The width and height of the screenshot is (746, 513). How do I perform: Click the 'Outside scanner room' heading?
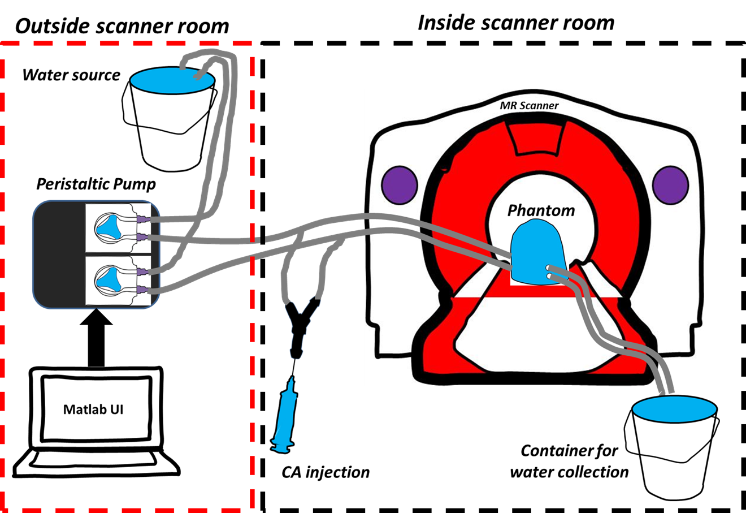122,26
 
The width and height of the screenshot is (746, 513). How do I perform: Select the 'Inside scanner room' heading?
515,23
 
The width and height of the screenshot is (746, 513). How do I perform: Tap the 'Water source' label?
71,75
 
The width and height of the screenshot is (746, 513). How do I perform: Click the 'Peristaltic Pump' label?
96,184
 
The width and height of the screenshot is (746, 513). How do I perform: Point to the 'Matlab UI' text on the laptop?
93,409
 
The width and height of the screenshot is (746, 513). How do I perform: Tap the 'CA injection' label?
326,472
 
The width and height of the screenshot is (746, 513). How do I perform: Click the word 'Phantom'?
541,210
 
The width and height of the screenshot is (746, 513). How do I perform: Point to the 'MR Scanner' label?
529,106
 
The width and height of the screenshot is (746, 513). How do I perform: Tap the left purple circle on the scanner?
400,185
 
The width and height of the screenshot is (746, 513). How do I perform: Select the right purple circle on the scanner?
670,185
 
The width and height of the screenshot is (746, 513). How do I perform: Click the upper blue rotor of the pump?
111,225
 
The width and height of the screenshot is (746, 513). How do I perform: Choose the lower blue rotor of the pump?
111,277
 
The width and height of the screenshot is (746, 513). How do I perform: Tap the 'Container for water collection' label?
569,461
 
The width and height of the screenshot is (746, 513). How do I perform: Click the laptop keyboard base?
96,464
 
